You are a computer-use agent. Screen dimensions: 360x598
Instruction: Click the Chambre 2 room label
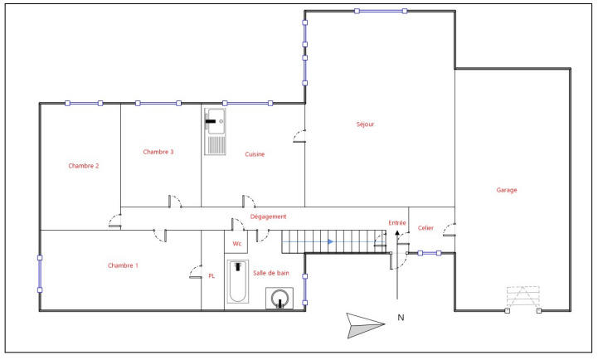[84, 166]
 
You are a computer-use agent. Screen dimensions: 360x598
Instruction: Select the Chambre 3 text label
[158, 152]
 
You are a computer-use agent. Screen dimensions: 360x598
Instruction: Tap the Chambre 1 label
[123, 265]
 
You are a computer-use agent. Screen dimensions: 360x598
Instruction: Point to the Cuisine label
[255, 153]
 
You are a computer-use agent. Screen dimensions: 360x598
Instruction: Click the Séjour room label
[365, 124]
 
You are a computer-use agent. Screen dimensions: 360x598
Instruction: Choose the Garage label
[507, 190]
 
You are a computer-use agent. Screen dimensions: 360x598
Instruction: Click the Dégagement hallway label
[268, 216]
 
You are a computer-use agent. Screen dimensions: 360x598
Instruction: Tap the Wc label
[236, 244]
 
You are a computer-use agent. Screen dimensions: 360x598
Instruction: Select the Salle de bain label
[271, 272]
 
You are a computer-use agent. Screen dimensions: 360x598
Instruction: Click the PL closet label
[211, 276]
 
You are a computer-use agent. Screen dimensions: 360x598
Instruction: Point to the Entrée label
[397, 222]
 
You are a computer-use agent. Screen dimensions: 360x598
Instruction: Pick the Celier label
[425, 228]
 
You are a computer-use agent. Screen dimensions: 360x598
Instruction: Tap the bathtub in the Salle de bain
[237, 282]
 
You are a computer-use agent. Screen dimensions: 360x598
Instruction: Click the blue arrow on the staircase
[330, 241]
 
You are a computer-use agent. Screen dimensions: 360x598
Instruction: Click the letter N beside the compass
[400, 317]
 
